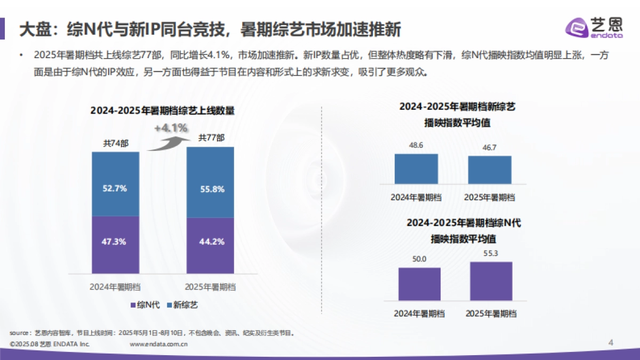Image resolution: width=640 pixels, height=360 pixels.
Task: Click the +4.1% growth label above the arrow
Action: click(x=171, y=128)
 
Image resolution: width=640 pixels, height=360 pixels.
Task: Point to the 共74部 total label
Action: click(x=115, y=143)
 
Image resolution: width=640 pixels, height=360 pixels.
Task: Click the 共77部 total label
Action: click(x=211, y=138)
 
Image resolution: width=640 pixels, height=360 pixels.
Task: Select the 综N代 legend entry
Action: click(x=145, y=305)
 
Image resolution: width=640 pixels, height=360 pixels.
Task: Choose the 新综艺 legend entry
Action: click(x=182, y=305)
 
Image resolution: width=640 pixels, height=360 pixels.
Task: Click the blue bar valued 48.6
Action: click(x=416, y=169)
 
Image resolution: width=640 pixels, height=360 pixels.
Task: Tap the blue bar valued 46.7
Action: click(x=490, y=170)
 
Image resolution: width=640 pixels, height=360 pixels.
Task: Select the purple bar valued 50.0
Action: click(x=419, y=284)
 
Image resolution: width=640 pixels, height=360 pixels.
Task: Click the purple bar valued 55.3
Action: click(x=491, y=282)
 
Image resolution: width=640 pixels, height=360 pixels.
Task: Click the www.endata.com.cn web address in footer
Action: click(x=159, y=345)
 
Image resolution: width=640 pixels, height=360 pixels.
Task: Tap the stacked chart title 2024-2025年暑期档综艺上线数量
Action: click(x=163, y=111)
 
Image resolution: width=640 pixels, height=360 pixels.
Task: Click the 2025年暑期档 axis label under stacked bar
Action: click(x=210, y=287)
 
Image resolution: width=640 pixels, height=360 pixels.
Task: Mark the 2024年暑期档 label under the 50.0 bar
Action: click(x=420, y=313)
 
